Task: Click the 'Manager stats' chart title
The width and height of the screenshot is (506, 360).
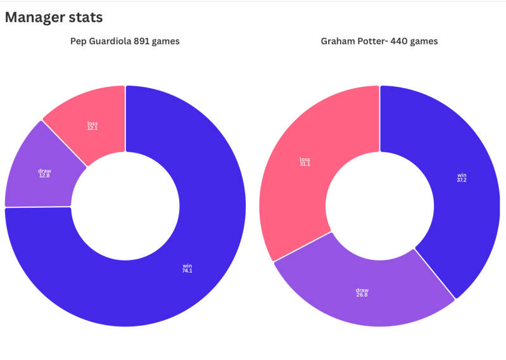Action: (54, 17)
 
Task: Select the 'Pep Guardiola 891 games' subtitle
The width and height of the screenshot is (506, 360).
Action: (125, 42)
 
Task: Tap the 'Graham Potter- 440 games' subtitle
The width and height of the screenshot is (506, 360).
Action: (379, 42)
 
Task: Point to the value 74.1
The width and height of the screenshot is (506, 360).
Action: (186, 271)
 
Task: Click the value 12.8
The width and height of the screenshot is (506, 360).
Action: (44, 175)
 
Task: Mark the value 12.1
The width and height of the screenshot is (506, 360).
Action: (92, 128)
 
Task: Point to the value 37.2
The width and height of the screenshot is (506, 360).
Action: (462, 180)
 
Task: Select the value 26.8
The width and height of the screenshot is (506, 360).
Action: (362, 295)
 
